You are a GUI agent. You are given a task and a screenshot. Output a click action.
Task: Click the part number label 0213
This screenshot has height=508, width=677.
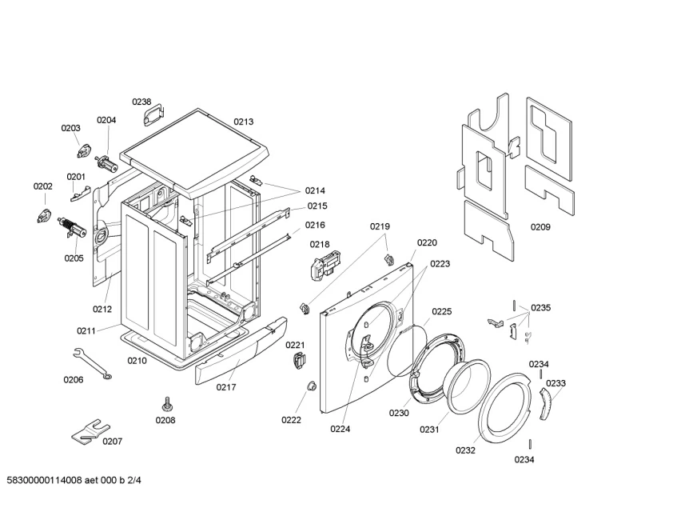click(x=244, y=122)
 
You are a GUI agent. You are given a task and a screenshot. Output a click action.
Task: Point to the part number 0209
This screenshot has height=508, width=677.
click(x=540, y=227)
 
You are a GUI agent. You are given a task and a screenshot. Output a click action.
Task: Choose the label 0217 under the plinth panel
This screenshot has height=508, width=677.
click(x=226, y=387)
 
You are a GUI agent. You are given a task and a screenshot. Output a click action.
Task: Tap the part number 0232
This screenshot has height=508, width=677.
click(x=466, y=450)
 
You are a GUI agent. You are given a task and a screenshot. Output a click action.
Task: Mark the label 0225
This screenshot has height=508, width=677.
click(x=442, y=311)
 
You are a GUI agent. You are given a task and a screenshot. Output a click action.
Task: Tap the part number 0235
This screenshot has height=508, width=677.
click(x=540, y=308)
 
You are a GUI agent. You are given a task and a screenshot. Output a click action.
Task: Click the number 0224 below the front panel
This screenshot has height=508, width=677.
click(x=340, y=428)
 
